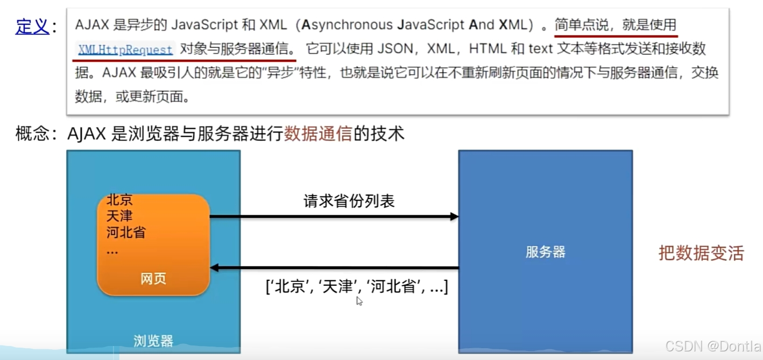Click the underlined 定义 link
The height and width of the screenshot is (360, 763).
(x=32, y=26)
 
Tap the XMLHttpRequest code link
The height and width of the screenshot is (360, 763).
(x=125, y=50)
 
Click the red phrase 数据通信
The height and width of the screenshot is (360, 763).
(x=318, y=133)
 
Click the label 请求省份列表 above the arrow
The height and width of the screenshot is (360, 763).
(x=349, y=201)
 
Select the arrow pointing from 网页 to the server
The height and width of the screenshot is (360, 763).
(x=334, y=216)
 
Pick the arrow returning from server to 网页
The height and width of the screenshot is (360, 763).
(x=334, y=267)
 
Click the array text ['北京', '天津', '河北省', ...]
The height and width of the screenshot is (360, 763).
(x=357, y=286)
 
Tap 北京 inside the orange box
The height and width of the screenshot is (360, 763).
(x=119, y=200)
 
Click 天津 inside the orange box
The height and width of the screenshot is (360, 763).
(x=119, y=216)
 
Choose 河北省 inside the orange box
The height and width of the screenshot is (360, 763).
(x=126, y=232)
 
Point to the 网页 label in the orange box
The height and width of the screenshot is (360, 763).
(x=153, y=278)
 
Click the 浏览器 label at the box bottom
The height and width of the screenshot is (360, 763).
(x=153, y=341)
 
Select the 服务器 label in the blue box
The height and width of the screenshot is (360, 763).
(x=545, y=252)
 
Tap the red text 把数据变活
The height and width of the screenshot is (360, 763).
(x=701, y=253)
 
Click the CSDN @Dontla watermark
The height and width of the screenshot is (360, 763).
(x=713, y=346)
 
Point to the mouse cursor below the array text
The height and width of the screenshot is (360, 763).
(x=359, y=301)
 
